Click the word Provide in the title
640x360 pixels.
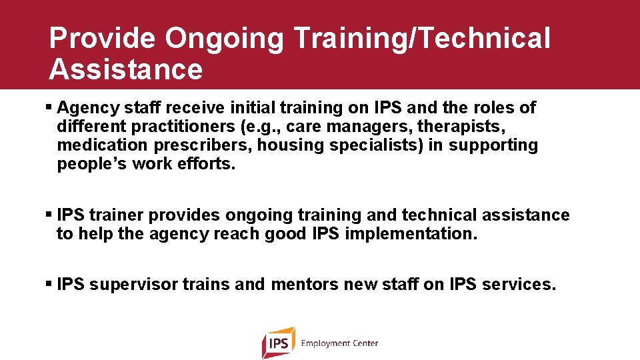(102, 39)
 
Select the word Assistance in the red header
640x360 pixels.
(125, 69)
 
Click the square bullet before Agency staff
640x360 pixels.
(51, 107)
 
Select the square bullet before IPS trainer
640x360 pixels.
(51, 215)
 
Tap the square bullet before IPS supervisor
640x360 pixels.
(51, 285)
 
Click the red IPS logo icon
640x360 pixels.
(278, 343)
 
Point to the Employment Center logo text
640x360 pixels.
(339, 343)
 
